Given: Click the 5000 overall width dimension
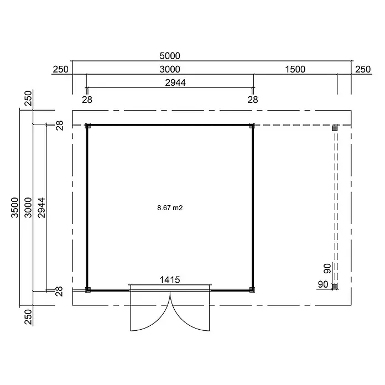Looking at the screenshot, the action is pos(170,56).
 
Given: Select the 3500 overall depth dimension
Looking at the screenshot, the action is pos(15,207).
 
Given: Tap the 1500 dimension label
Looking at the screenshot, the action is pos(295,70).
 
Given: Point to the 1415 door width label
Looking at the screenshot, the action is pos(170,280).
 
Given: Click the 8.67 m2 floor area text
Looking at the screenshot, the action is pos(170,208).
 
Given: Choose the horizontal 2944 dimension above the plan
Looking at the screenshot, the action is pos(175,83).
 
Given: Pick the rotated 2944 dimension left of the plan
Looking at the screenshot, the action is pos(41,207).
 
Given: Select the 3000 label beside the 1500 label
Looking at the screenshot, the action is pos(170,70).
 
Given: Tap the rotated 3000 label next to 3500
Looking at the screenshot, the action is pos(28,207).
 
